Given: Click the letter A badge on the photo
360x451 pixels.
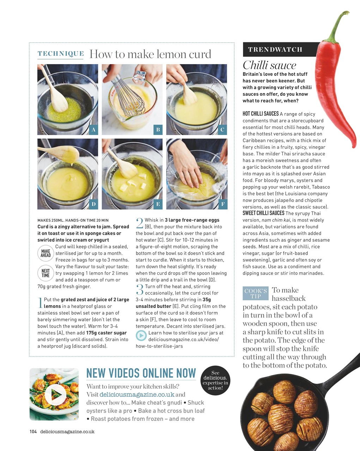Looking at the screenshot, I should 93,130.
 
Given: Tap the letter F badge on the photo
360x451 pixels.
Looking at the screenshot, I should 222,204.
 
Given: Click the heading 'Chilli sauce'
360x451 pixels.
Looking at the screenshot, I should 269,65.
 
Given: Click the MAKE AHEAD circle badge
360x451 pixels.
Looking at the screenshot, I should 45,253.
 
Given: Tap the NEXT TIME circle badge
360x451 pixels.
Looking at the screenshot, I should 45,273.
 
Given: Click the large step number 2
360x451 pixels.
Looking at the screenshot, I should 140,223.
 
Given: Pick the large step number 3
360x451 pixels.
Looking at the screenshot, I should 140,289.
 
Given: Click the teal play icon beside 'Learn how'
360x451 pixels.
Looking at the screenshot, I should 141,336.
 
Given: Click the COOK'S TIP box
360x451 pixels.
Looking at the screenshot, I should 256,293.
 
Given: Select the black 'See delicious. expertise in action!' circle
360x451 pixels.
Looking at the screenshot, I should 215,381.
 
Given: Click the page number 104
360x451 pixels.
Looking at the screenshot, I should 33,432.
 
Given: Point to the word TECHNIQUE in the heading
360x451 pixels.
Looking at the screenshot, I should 61,54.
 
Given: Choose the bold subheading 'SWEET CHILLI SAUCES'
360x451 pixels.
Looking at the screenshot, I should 263,213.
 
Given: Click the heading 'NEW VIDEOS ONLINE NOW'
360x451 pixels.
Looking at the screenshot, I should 141,373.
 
